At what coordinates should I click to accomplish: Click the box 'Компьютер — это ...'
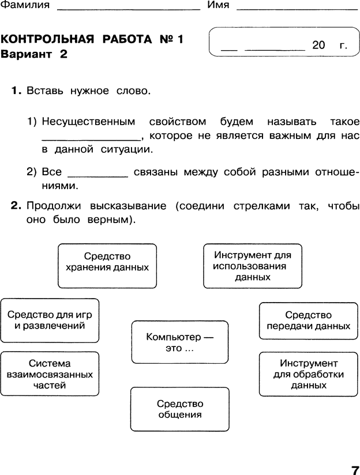180,342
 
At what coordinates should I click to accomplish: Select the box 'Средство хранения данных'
107,266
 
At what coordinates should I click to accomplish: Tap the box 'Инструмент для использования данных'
253,266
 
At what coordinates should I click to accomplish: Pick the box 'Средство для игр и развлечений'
50,321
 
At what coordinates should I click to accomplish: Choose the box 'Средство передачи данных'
309,321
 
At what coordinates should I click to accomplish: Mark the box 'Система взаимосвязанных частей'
50,374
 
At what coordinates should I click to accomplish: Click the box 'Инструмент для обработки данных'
309,374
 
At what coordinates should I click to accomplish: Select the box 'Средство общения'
180,409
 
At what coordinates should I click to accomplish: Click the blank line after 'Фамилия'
129,10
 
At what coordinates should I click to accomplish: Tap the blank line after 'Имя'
297,10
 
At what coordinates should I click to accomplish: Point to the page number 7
355,470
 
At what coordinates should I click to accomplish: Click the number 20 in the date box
318,45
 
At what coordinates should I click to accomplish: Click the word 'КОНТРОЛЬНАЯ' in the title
47,39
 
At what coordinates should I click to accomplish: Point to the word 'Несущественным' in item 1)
89,122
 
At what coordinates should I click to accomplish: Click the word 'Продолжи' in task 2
54,206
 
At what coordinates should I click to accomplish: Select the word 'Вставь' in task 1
45,91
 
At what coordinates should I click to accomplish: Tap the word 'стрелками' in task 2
262,206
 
